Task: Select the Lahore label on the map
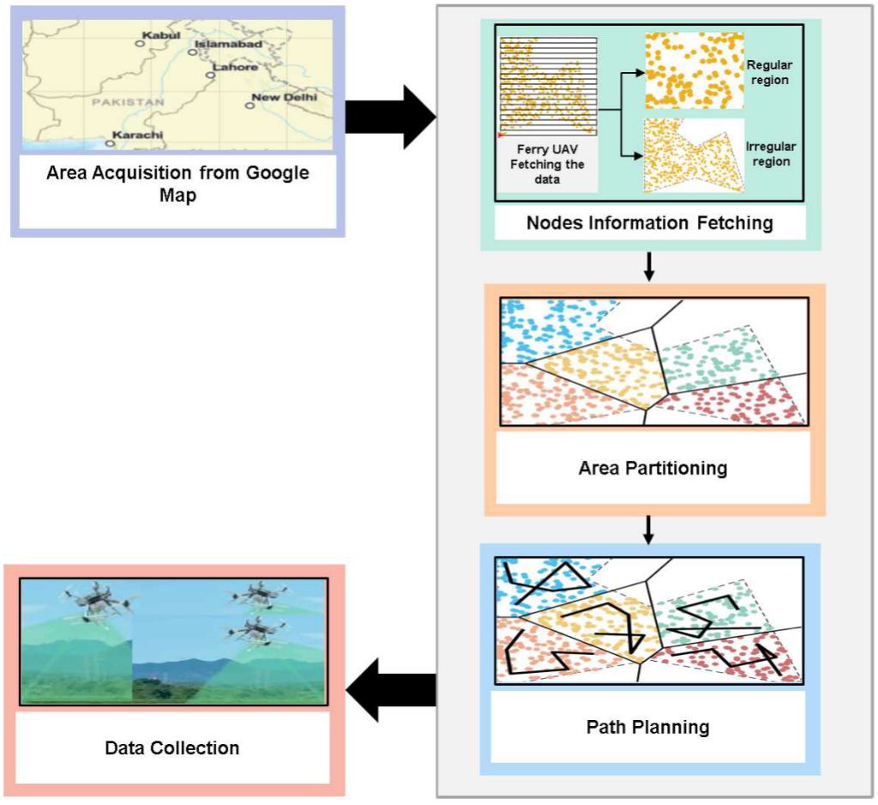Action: [234, 66]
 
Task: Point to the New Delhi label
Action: [284, 98]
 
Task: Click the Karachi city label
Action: [137, 135]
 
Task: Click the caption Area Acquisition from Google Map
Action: [177, 184]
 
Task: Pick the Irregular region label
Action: [767, 154]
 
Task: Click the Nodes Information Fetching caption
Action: [649, 223]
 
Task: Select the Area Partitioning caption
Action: [652, 468]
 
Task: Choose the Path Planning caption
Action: [647, 727]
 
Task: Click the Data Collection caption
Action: [171, 747]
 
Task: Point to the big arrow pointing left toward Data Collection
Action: [390, 684]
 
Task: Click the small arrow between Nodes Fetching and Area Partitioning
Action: [649, 267]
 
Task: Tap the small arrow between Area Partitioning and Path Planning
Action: [649, 530]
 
